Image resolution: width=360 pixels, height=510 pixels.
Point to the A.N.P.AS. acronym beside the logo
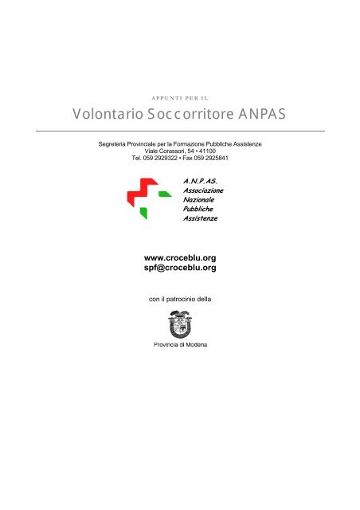click(200, 182)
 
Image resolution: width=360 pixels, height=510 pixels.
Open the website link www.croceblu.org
click(179, 258)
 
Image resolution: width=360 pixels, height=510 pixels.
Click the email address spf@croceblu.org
click(179, 269)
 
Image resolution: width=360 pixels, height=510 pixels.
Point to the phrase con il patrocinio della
click(179, 300)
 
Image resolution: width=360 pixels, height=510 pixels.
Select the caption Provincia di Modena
click(180, 345)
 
